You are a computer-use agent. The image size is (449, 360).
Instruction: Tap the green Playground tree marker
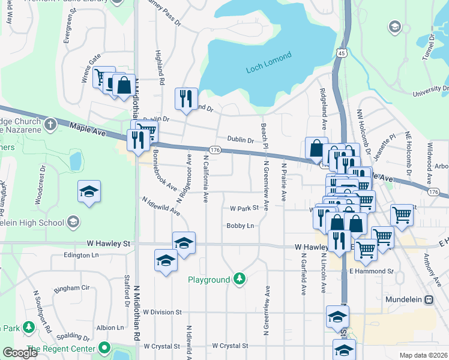point(240,279)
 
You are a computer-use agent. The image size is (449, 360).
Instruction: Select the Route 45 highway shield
point(341,53)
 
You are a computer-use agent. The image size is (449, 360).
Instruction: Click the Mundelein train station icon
point(429,299)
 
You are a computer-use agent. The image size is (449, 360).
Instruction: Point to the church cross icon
point(51,125)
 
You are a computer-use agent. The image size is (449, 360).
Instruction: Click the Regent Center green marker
point(105,348)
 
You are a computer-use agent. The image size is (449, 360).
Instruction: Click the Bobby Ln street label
point(240,226)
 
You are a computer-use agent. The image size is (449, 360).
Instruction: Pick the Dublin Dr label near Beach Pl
point(241,140)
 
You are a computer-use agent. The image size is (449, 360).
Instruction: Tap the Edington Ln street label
point(81,255)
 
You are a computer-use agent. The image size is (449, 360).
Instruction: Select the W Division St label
point(160,312)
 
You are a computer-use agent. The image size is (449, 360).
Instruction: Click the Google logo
point(20,352)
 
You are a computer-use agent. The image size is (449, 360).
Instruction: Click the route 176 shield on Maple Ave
point(215,149)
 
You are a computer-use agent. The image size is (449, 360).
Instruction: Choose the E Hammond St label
point(371,271)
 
